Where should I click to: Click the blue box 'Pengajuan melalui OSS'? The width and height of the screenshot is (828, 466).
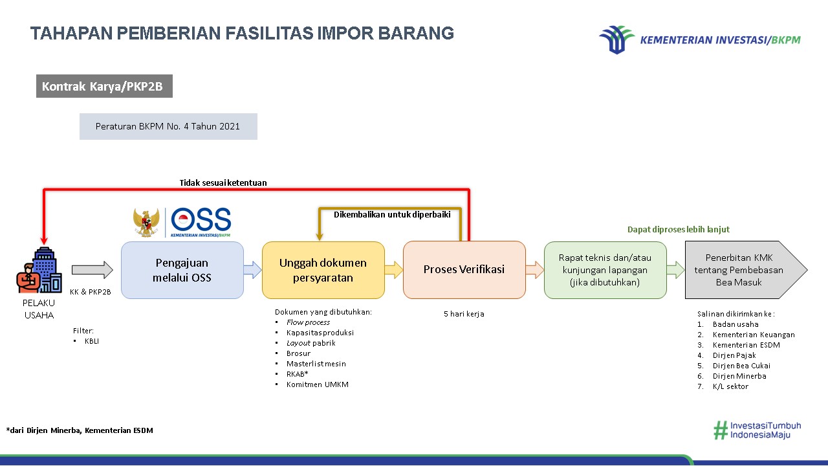(182, 270)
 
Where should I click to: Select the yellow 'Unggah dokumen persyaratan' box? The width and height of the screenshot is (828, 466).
(323, 270)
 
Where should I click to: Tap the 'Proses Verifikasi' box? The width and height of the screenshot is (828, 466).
(464, 270)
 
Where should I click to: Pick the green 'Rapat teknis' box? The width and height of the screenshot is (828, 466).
(605, 270)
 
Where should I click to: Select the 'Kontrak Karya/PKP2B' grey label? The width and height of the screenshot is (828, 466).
(104, 86)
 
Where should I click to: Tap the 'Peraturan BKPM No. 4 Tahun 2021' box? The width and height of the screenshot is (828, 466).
(168, 126)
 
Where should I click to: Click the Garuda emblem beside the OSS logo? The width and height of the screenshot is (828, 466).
(146, 222)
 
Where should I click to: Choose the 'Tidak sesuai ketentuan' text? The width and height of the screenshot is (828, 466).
(223, 183)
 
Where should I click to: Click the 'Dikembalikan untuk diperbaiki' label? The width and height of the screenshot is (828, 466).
(392, 215)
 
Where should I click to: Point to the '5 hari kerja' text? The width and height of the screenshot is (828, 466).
(464, 314)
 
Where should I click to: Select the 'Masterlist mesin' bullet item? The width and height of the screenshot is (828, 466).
(316, 364)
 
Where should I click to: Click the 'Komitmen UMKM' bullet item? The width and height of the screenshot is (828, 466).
(317, 384)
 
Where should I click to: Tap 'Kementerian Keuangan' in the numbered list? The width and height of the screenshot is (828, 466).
(754, 335)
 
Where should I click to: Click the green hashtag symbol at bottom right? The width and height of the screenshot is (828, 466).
(720, 430)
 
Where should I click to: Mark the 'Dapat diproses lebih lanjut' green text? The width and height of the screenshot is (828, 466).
(679, 229)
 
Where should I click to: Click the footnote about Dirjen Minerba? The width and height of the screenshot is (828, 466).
(80, 430)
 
